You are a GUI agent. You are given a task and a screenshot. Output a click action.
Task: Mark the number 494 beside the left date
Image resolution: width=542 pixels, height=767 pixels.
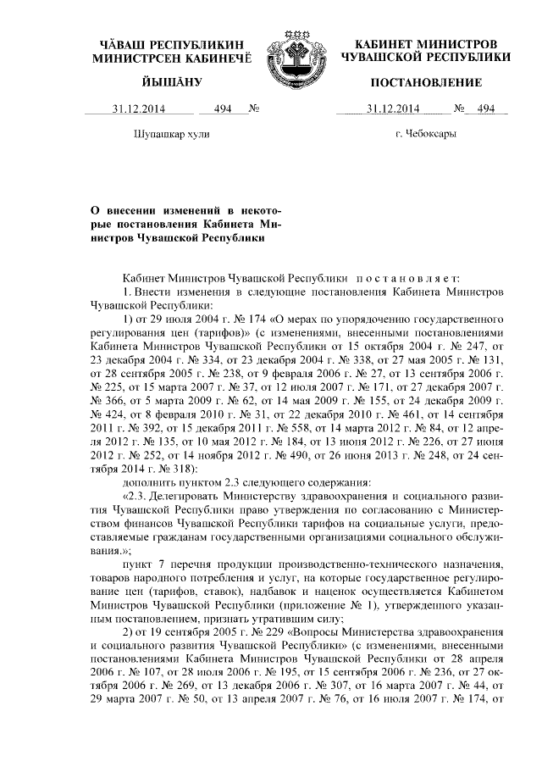coord(224,108)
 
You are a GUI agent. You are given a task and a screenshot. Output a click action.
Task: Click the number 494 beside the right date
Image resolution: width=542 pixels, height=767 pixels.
coord(486,108)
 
